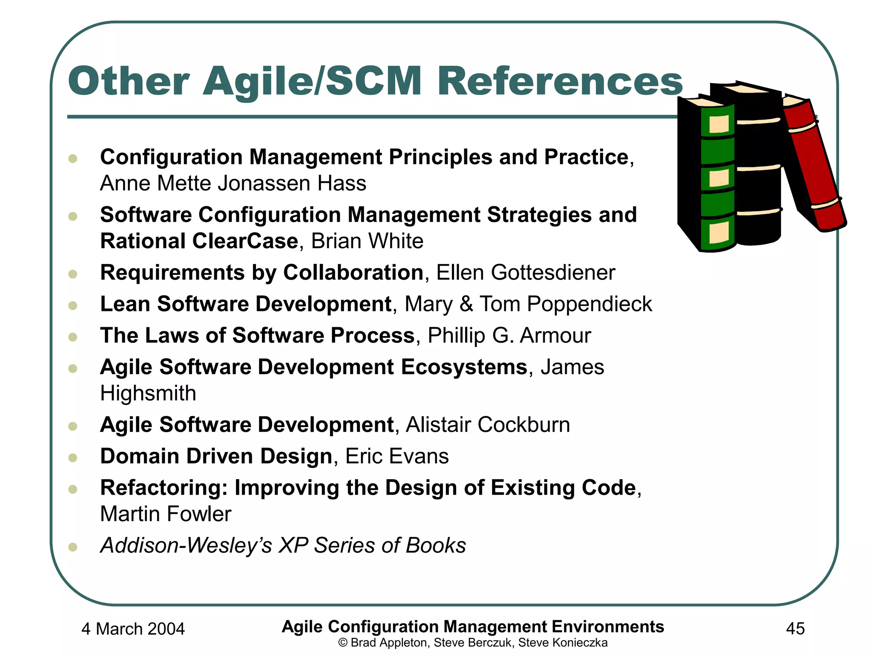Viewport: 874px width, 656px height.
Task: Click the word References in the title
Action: point(559,81)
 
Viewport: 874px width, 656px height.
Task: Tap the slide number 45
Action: point(795,629)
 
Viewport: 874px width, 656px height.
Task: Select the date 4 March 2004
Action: point(133,629)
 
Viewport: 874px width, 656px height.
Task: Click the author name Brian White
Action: point(367,241)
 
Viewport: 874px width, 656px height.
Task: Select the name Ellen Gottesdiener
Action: point(525,272)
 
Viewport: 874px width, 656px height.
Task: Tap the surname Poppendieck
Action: point(589,304)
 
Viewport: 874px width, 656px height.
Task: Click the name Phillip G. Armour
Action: point(509,336)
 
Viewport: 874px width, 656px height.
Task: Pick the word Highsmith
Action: point(148,393)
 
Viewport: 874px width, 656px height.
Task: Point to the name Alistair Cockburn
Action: point(487,425)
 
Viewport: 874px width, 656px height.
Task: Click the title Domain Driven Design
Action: point(216,456)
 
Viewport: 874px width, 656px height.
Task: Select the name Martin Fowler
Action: point(166,514)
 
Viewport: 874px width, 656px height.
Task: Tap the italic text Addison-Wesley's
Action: point(186,545)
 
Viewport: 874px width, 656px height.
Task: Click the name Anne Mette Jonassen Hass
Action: point(233,184)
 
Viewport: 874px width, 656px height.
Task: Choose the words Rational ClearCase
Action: point(199,241)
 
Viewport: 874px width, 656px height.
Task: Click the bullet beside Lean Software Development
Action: point(73,305)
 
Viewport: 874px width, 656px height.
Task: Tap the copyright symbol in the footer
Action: point(343,643)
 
